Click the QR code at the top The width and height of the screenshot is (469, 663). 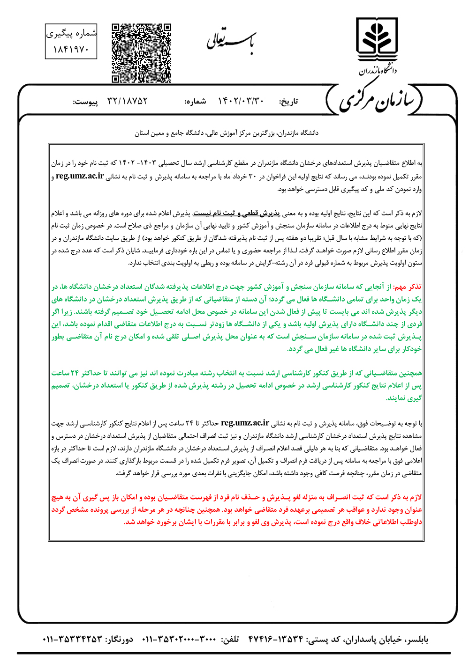tap(141, 52)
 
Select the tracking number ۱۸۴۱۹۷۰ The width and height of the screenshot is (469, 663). tap(71, 49)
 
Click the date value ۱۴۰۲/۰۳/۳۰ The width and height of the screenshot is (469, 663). tap(242, 101)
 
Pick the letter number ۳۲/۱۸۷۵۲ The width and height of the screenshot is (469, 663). tap(127, 101)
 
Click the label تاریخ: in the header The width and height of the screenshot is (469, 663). tap(288, 102)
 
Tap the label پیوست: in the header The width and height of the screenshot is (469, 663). tap(85, 102)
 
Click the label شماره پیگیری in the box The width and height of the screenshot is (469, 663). tap(71, 34)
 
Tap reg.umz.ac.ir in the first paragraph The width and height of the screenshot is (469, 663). tap(80, 177)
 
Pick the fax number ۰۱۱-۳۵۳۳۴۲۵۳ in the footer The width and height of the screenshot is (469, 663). tap(72, 640)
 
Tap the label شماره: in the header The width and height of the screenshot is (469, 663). tap(195, 102)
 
